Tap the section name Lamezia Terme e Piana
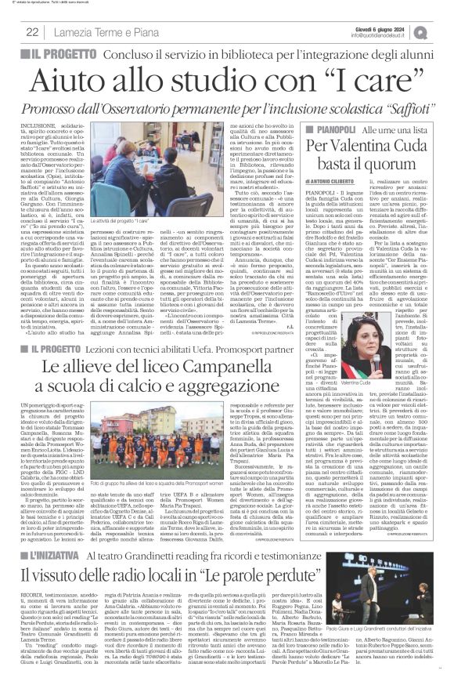click(x=93, y=31)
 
